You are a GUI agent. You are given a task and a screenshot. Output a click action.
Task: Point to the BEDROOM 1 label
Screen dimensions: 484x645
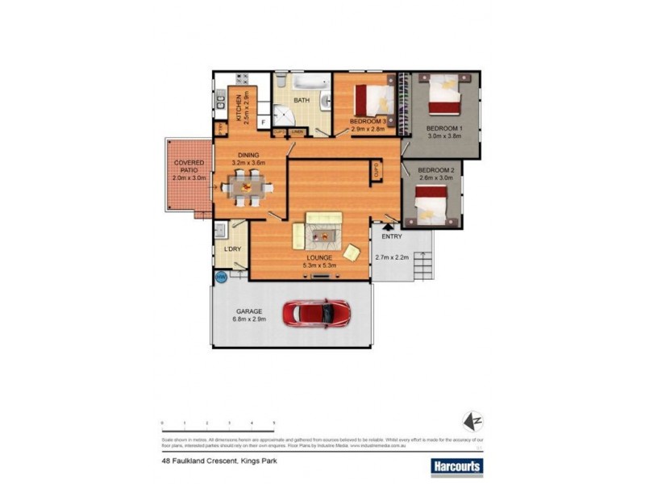pos(444,129)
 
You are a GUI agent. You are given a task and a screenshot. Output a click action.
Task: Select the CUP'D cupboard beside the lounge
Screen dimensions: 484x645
pos(376,171)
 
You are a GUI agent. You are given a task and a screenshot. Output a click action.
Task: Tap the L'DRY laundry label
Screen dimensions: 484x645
pos(233,248)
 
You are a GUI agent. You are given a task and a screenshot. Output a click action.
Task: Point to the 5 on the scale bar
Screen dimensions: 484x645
pos(274,423)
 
